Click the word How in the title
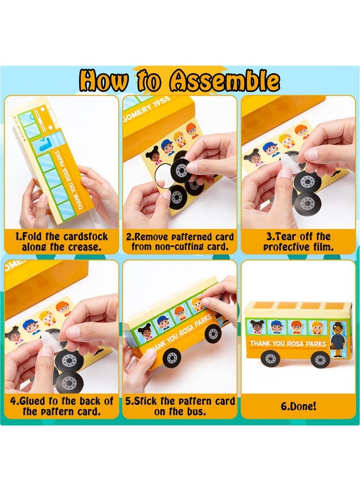[104, 81]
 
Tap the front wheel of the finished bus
[320, 358]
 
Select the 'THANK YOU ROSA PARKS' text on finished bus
[287, 344]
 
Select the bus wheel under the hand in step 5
[213, 334]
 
